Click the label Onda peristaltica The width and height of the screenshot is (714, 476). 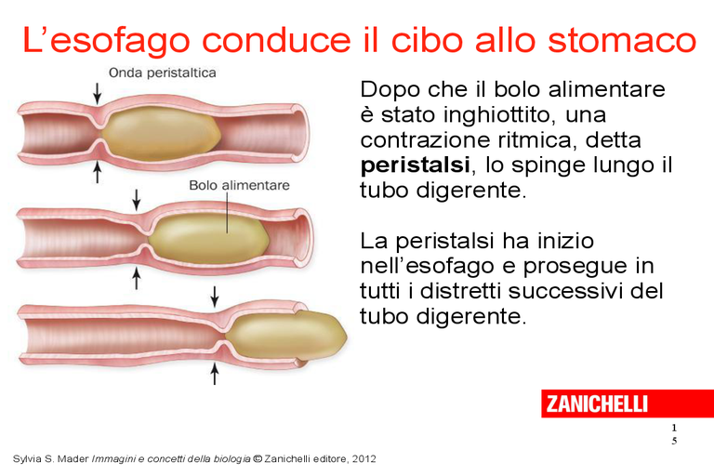coord(162,73)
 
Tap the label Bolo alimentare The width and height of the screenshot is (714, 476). coord(239,185)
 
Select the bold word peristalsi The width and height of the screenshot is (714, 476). coord(415,165)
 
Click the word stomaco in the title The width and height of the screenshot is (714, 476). coord(622,40)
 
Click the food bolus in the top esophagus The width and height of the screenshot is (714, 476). coord(160,134)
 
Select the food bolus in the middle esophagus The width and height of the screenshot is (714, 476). coord(208,238)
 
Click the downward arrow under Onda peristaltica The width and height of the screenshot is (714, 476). coord(97,93)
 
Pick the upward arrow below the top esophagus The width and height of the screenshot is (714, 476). coord(97,173)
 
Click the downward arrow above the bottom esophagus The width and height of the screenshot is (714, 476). coord(215,297)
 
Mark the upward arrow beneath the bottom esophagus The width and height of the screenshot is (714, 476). coord(215,374)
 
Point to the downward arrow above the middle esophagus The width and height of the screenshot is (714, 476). coord(136,200)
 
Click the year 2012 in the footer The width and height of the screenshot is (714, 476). coord(364,458)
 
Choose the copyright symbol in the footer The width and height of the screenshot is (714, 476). coord(258,458)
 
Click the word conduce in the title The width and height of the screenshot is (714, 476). coord(276,40)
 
